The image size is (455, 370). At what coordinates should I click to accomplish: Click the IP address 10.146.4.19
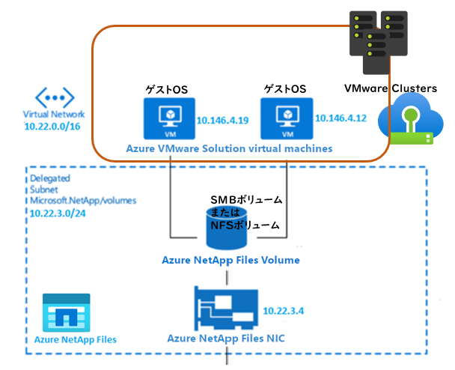point(222,120)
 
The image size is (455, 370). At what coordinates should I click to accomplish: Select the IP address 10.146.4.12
point(341,118)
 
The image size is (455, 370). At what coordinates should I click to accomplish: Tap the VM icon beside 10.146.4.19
point(168,118)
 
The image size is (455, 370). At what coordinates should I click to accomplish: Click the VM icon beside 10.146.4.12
point(287,118)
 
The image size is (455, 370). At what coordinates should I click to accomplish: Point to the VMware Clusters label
point(390,88)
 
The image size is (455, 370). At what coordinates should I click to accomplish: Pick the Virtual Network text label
point(54,115)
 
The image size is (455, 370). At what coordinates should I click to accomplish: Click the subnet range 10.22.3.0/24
point(57,213)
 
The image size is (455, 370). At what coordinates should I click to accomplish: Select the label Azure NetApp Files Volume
point(230,261)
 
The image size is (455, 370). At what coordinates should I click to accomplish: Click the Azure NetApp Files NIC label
point(225,339)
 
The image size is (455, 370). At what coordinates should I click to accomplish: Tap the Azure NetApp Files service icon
point(66,312)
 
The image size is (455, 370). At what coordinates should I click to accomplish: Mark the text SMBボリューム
point(247,200)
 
